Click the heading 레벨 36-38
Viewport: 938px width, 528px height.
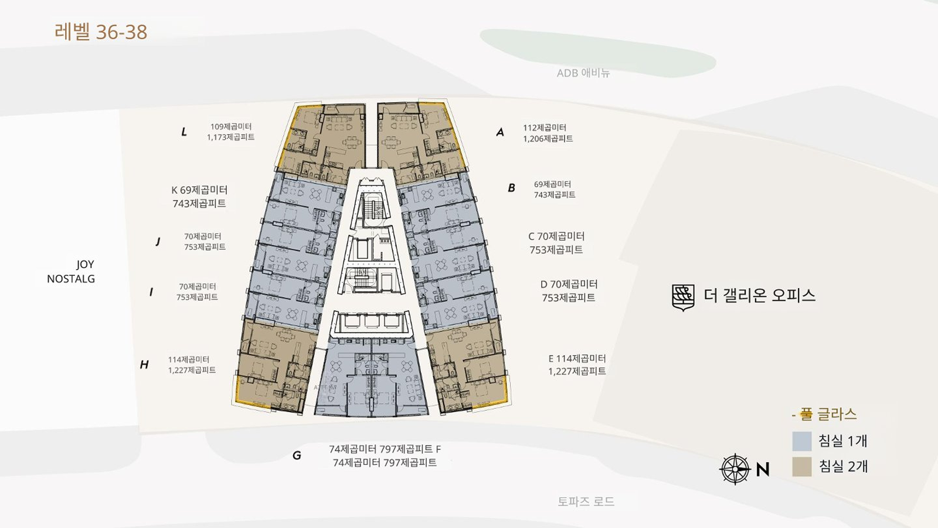point(101,32)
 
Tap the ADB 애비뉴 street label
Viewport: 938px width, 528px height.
point(583,73)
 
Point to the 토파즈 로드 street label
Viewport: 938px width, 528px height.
point(586,501)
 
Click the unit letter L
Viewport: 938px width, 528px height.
point(184,132)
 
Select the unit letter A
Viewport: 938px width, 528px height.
point(500,133)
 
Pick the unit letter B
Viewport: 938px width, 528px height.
point(511,188)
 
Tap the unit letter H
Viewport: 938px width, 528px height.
point(144,364)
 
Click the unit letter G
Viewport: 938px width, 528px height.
point(297,455)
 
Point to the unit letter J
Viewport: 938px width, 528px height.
point(158,242)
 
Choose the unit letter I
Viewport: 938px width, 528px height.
point(151,292)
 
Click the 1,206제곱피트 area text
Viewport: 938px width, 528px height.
point(548,138)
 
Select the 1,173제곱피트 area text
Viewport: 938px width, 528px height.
point(231,137)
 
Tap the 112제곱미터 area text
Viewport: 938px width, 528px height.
point(545,128)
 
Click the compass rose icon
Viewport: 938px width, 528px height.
point(735,469)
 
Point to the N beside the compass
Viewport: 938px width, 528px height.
point(763,469)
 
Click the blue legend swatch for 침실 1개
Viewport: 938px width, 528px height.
point(801,441)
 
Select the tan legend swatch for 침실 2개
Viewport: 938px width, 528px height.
point(801,467)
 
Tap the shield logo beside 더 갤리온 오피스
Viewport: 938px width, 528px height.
point(683,297)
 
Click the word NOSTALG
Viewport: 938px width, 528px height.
point(71,279)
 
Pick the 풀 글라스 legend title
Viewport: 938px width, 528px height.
point(824,414)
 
